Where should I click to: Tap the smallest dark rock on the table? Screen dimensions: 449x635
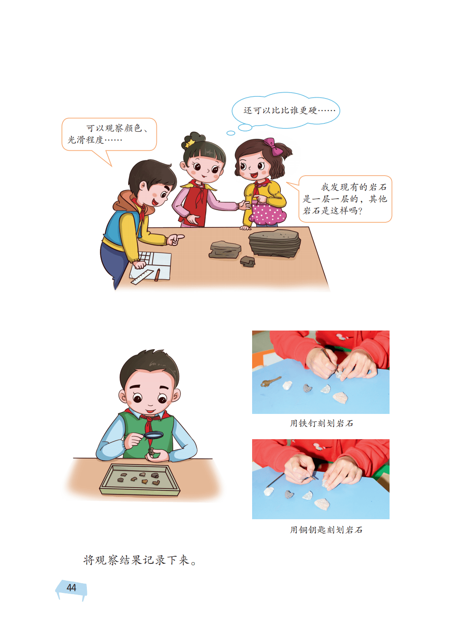tap(247, 261)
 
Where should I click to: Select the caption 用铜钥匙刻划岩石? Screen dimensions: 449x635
tap(326, 530)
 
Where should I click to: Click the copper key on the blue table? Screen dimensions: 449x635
tap(271, 381)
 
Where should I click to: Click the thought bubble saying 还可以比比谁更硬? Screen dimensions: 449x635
tap(286, 110)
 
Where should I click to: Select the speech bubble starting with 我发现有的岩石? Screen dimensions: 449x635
tap(345, 199)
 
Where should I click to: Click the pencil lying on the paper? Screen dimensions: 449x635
tap(157, 275)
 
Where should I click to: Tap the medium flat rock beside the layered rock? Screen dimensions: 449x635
tap(225, 250)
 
